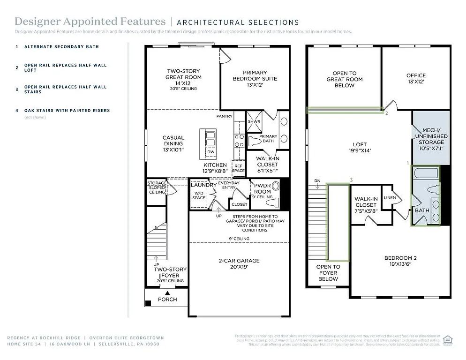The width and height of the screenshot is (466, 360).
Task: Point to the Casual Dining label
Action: pos(173,141)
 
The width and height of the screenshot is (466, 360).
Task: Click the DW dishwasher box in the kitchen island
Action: pos(210,152)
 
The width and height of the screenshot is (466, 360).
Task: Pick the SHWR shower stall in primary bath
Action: pos(254,122)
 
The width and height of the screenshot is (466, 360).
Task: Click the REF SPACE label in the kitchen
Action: pos(238,167)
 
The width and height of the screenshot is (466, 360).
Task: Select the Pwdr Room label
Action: pos(263,188)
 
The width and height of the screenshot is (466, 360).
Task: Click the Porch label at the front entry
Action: pos(167,299)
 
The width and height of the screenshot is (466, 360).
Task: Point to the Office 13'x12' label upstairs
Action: pos(416,78)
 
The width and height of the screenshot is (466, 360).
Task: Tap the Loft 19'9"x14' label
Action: pos(360,148)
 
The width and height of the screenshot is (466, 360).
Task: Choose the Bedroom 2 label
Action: pos(400,261)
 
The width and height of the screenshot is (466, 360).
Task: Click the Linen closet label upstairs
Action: pos(390,198)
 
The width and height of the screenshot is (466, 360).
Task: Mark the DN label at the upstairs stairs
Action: pos(317,181)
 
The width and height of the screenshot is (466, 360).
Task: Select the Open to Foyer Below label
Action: pos(328,273)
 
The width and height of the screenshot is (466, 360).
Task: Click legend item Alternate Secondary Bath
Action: pos(61,47)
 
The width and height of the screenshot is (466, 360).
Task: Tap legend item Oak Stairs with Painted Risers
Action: pos(67,111)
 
